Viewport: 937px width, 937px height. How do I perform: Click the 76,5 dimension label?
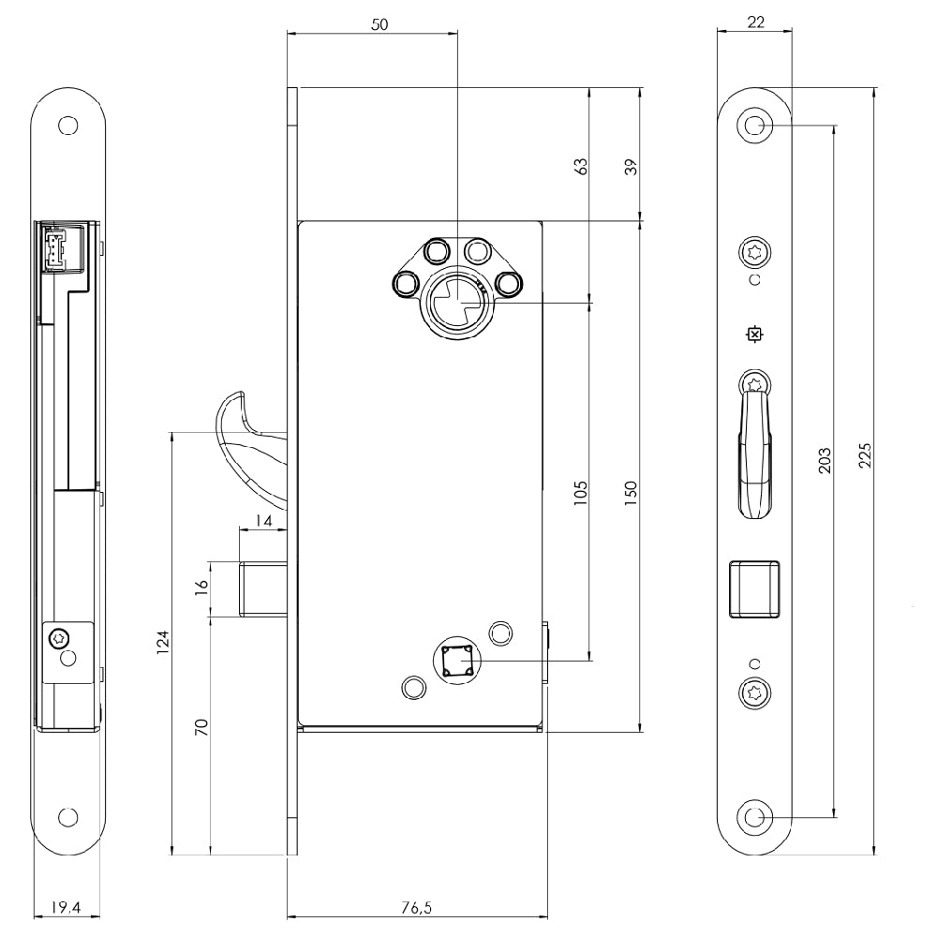417,907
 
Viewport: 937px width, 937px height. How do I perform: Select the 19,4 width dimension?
66,907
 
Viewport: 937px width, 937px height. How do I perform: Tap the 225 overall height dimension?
865,455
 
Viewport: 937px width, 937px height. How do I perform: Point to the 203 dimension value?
825,460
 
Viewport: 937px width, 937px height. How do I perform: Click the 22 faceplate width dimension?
755,22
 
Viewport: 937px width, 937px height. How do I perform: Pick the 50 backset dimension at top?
379,24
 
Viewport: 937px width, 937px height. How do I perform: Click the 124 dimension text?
162,642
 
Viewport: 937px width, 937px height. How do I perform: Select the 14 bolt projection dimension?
263,521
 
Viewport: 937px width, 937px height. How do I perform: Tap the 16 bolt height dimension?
202,584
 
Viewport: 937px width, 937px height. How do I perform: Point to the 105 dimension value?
580,494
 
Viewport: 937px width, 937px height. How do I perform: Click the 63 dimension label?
580,166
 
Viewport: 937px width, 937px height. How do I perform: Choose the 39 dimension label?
631,167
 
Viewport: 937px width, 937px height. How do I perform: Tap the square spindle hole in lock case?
457,661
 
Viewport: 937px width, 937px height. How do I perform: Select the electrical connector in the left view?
53,249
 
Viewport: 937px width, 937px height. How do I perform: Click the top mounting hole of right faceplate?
754,126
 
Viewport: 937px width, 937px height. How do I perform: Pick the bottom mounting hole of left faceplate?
68,817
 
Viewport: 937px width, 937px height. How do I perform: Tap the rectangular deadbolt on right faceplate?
754,588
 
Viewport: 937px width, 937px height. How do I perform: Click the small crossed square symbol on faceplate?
754,335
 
